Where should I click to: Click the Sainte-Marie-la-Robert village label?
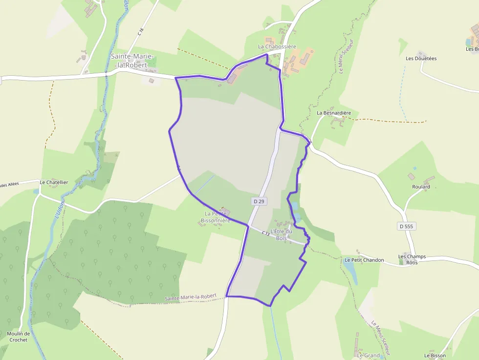point(129,60)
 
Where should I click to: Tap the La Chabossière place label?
point(277,46)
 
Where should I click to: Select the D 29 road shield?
point(259,201)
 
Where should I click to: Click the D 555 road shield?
point(406,226)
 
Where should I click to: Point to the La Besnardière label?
point(334,113)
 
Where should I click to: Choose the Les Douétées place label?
point(421,58)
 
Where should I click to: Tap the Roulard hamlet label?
point(421,187)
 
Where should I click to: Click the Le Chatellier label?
point(53,182)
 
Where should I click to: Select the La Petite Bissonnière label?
point(215,217)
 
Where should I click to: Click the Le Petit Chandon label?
point(364,260)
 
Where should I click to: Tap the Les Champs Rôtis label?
point(412,259)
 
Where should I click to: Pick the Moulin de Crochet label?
point(18,337)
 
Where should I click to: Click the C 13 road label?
point(265,233)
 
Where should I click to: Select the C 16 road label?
point(141,32)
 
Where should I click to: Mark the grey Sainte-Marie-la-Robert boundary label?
point(190,297)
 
